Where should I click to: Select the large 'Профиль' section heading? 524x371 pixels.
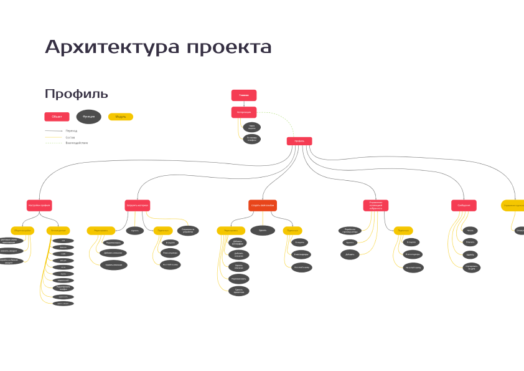click(76, 94)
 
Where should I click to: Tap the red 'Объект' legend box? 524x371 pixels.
click(57, 117)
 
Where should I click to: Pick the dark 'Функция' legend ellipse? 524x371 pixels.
click(88, 117)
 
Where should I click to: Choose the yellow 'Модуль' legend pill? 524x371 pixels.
click(121, 117)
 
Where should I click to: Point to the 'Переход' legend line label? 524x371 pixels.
click(72, 130)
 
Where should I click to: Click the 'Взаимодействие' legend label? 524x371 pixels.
click(77, 143)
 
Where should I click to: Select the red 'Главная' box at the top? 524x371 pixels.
click(244, 95)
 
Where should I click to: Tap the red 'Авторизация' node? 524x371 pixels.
click(244, 112)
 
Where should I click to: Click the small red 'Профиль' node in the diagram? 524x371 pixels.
click(299, 141)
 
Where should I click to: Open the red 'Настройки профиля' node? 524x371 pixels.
click(39, 205)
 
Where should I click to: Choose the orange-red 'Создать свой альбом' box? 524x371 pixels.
click(263, 205)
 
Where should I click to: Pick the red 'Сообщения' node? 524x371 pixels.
click(464, 205)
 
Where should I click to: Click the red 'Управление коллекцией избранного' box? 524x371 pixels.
click(376, 205)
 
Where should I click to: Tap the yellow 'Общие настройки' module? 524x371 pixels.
click(22, 231)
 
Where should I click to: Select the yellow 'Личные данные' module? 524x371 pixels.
click(58, 231)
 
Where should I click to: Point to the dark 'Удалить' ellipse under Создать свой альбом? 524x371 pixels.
click(263, 230)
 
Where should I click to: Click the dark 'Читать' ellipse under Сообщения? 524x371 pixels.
click(470, 231)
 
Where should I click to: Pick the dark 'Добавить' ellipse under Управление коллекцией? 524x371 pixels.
click(350, 254)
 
